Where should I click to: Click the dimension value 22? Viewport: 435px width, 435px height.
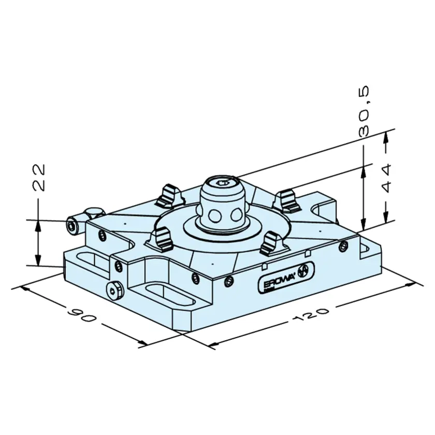pos(39,178)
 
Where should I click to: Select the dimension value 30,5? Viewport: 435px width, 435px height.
pos(364,111)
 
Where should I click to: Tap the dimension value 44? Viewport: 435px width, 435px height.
pos(386,178)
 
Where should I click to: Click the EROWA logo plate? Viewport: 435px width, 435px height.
pos(286,277)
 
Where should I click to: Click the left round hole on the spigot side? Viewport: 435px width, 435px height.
pos(214,216)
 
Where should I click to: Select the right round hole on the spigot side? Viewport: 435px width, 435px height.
pos(237,215)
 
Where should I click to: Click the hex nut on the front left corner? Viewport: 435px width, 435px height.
pos(114,291)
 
